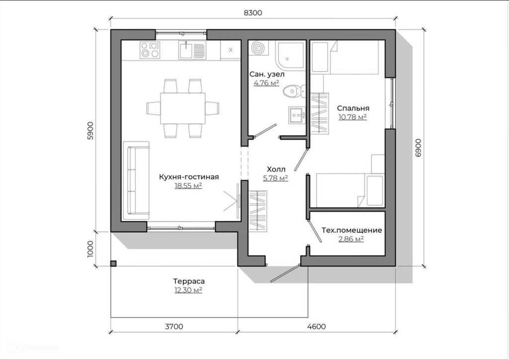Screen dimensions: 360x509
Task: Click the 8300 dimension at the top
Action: point(254,13)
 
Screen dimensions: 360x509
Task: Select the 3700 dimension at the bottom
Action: point(174,327)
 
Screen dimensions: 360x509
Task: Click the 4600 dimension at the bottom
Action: point(317,327)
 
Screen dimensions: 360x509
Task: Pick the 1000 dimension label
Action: point(90,249)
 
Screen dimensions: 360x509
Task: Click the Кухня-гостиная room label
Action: point(189,177)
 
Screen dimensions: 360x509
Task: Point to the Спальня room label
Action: point(353,108)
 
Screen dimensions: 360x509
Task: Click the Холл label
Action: point(275,169)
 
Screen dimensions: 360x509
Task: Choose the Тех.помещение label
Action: point(351,230)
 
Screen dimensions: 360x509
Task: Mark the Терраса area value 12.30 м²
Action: point(188,290)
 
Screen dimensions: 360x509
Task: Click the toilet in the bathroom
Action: point(292,91)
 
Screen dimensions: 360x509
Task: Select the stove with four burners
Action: point(151,50)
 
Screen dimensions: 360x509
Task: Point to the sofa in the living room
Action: point(136,180)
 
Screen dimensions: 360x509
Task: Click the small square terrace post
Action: point(113,264)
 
